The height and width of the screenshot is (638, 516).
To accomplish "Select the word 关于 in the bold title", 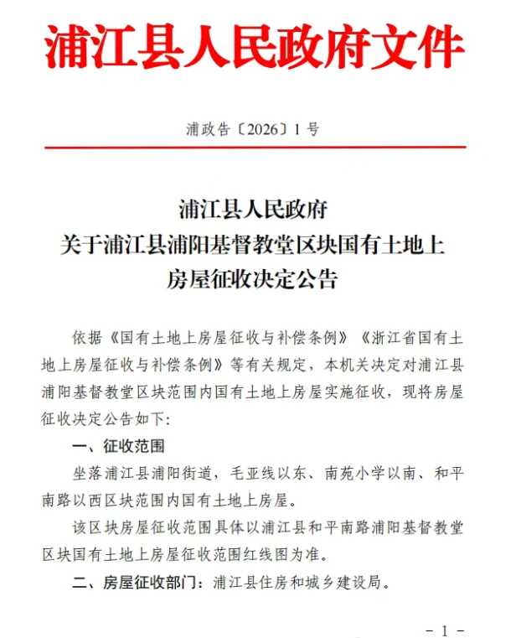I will coord(82,244).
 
